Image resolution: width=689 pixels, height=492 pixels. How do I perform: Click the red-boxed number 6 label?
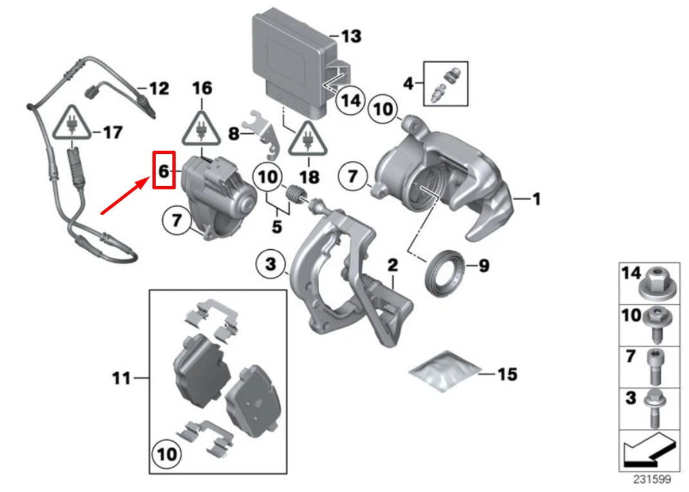point(163,170)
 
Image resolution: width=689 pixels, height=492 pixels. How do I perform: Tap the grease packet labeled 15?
point(444,372)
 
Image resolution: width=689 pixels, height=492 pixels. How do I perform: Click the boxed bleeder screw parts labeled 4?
point(446,84)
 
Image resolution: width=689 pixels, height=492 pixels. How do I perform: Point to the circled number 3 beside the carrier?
point(270,263)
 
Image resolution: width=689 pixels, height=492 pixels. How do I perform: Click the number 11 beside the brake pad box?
point(122,378)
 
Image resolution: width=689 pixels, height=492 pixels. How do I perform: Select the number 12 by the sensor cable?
point(158,88)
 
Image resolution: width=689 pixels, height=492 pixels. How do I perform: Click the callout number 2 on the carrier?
point(392,265)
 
